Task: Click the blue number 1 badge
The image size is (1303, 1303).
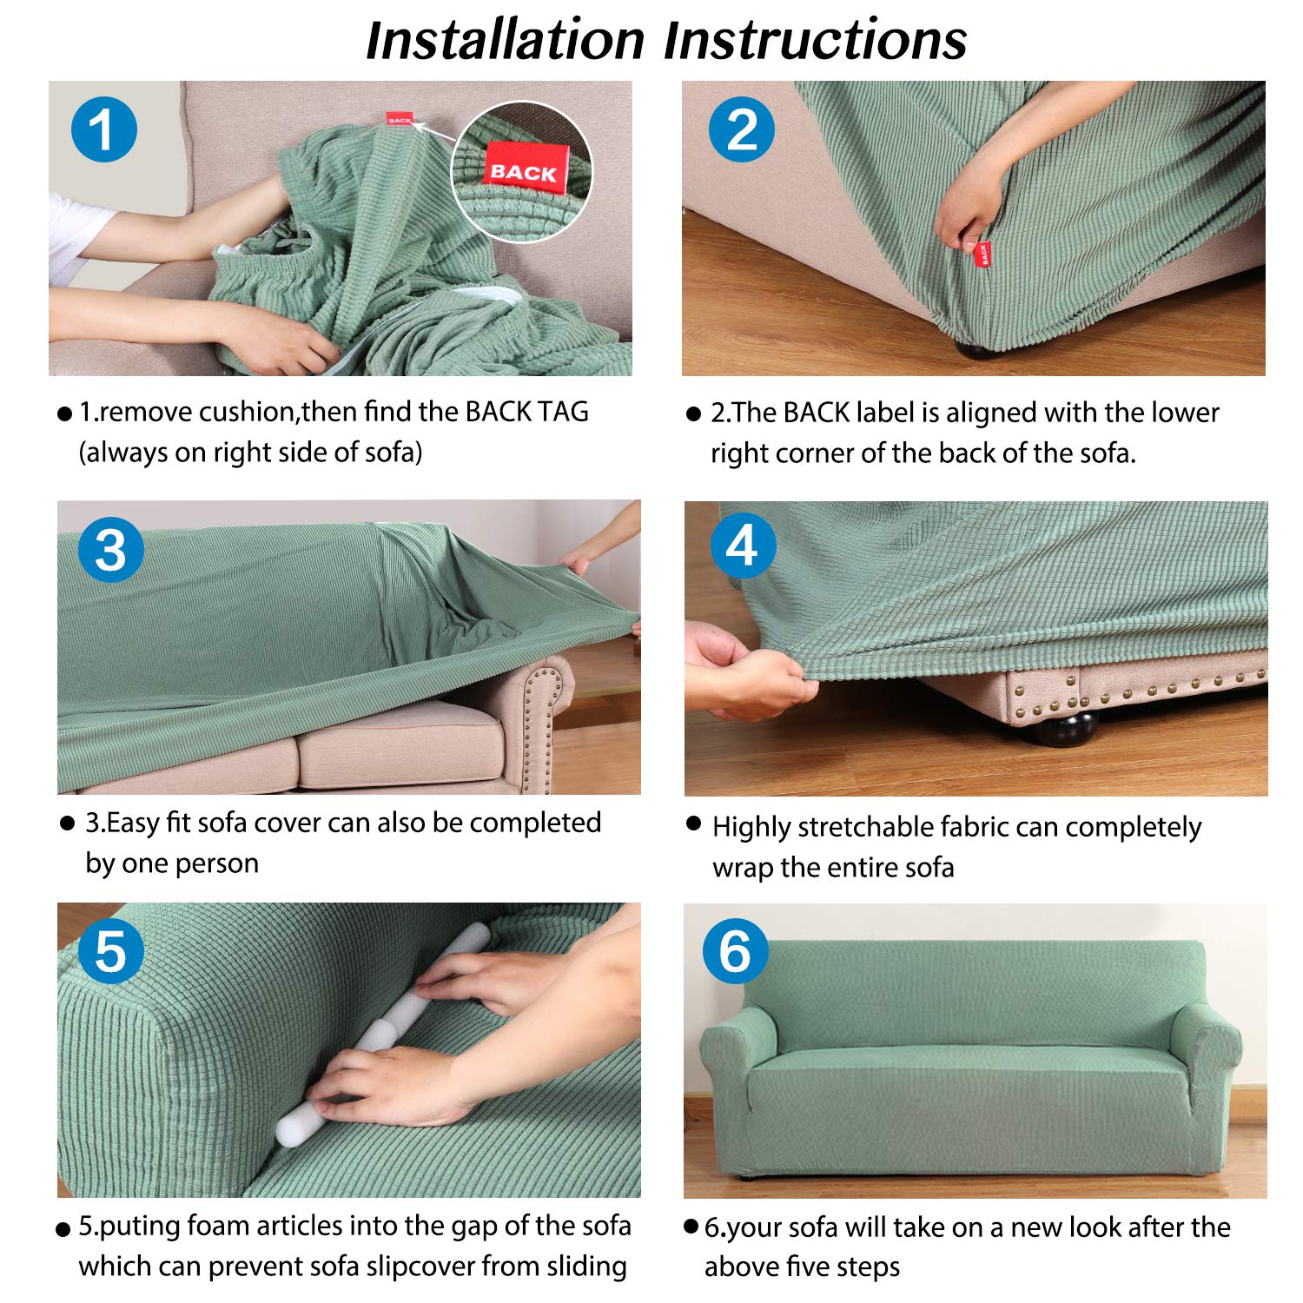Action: pos(104,129)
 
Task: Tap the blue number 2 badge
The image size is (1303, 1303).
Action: pos(742,129)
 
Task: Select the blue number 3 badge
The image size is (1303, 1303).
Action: pos(110,550)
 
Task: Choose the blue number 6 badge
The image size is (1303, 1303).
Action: pos(735,950)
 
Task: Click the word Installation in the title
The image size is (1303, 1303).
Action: pos(506,40)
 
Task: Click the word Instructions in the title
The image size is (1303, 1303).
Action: pos(816,40)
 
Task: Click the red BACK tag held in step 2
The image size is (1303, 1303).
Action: pos(983,254)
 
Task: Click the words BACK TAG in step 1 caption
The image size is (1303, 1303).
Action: pos(527,411)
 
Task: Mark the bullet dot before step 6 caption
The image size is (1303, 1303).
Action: pos(691,1226)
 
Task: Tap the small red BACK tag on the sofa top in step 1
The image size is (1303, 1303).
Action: pos(400,120)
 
